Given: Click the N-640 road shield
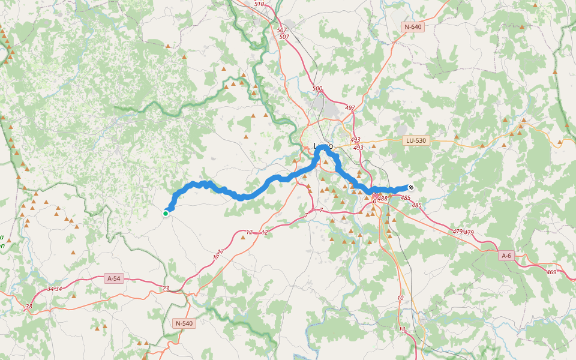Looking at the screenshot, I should pos(413,27).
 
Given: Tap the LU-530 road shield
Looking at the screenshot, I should pos(415,140).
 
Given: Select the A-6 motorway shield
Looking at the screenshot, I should pos(506,256).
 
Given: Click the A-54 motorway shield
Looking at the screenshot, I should pos(113,278).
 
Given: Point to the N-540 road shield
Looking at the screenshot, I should pos(184,323).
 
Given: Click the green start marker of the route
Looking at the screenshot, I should pos(166,213).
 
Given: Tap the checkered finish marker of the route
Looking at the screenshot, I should pos(411,187).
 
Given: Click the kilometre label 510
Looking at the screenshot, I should pos(259,4).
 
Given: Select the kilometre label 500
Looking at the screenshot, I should pos(317,89).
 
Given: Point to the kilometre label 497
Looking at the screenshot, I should pos(350,108).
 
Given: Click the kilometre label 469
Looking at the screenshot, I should pos(551,272).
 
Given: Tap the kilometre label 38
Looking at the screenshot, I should pos(28,307).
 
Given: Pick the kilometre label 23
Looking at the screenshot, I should pos(166,289).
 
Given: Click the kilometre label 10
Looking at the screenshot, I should pos(400,298).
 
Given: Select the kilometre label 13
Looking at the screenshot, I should pos(402,329).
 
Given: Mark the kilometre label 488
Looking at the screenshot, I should pos(383,199).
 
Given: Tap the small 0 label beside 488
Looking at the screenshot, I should pos(374,201).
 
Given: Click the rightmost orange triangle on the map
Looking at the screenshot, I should pos(567,126).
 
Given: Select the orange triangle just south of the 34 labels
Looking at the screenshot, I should pos(74,296).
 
